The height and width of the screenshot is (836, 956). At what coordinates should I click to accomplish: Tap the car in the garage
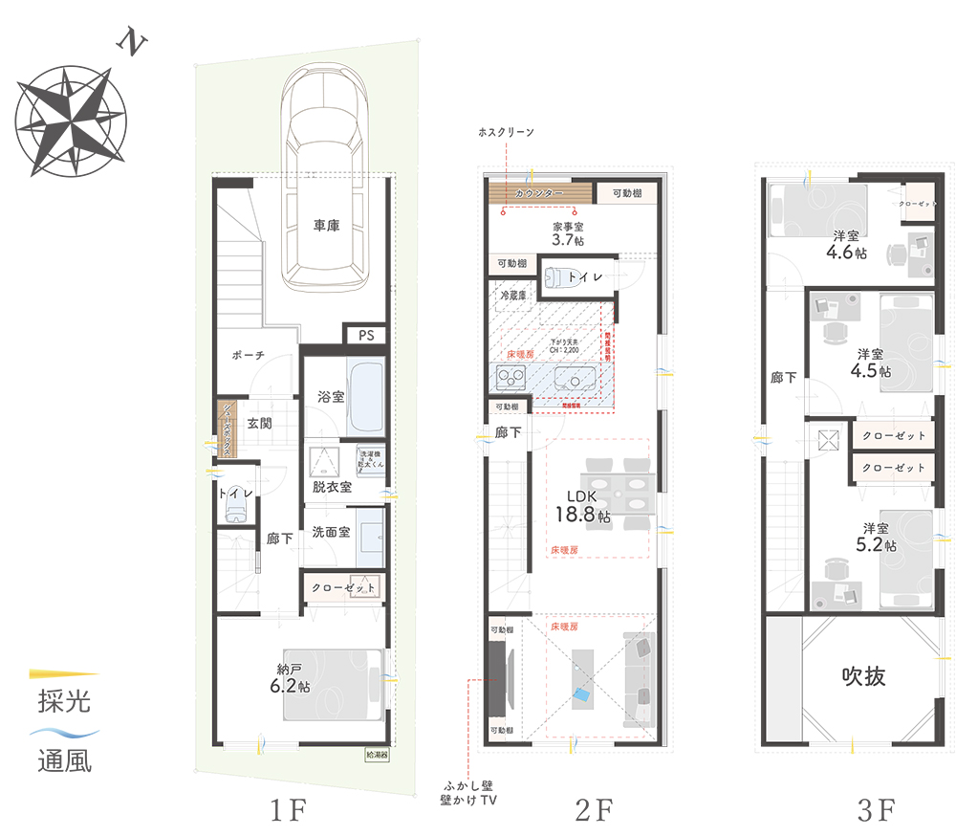pos(325,182)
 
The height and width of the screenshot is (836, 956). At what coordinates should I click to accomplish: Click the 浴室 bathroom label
pos(330,396)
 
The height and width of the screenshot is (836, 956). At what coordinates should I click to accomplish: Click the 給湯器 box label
pos(377,753)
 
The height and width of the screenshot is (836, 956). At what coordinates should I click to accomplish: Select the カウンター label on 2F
pos(539,194)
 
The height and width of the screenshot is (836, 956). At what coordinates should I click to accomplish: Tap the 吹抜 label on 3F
pos(863,676)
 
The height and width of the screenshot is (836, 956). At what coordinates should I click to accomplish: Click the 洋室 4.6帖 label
pos(847,245)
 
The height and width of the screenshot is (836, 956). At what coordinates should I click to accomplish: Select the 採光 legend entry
pos(64,700)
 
